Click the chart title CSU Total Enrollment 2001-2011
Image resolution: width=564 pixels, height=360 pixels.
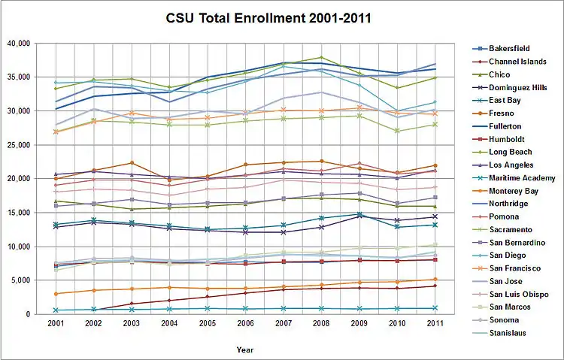[269, 17]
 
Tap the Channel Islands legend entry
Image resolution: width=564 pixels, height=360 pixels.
[518, 62]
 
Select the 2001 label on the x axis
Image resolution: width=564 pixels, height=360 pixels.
[55, 323]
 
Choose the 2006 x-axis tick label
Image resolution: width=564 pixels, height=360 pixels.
[245, 323]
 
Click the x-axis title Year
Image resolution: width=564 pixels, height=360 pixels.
[245, 349]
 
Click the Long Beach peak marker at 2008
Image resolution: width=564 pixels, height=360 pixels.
[322, 57]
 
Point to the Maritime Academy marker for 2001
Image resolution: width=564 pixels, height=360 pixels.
[56, 310]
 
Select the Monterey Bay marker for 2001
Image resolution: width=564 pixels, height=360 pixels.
[56, 294]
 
